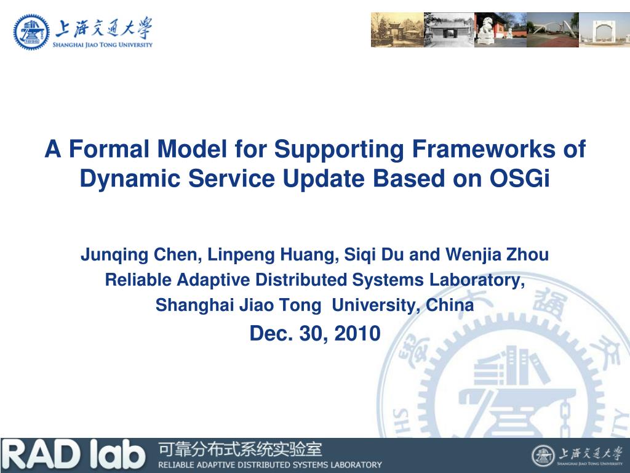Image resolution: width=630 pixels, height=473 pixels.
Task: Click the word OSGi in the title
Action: pyautogui.click(x=519, y=178)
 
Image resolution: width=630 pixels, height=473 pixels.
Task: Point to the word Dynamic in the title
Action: pyautogui.click(x=130, y=179)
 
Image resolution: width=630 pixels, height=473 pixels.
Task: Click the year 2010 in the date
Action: pyautogui.click(x=357, y=333)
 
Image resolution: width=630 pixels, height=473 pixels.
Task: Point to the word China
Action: pyautogui.click(x=450, y=304)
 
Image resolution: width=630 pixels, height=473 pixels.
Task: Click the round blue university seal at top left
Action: pyautogui.click(x=31, y=32)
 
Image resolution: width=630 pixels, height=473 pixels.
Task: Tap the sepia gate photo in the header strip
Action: pyautogui.click(x=397, y=30)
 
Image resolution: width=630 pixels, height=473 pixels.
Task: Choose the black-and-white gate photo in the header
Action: pyautogui.click(x=449, y=30)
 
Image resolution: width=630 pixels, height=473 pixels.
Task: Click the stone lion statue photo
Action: pyautogui.click(x=500, y=30)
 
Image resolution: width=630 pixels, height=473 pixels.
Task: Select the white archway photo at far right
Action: pyautogui.click(x=604, y=30)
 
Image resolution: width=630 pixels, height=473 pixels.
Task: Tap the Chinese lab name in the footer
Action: pyautogui.click(x=241, y=449)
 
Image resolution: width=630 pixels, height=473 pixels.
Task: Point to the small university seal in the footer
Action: pyautogui.click(x=543, y=456)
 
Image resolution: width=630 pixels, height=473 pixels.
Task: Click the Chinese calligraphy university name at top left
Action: pyautogui.click(x=103, y=28)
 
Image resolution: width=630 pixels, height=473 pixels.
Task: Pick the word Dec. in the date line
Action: pyautogui.click(x=271, y=333)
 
